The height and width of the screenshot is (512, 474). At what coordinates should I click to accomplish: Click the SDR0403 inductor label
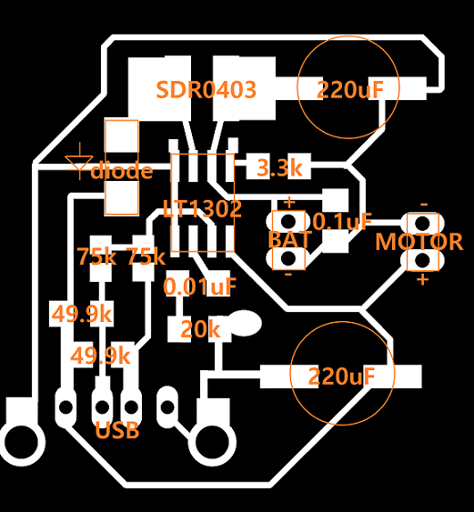click(x=207, y=90)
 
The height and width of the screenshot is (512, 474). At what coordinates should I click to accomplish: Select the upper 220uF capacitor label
click(x=350, y=90)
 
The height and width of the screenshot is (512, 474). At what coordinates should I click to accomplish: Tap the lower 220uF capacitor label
click(x=341, y=376)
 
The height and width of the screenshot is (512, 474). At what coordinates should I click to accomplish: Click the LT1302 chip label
click(x=202, y=209)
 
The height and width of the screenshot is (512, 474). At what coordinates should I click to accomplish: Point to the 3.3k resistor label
click(x=279, y=168)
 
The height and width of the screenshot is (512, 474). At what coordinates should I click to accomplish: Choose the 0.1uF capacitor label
click(x=342, y=222)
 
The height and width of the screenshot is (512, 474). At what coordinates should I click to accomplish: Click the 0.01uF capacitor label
click(x=200, y=286)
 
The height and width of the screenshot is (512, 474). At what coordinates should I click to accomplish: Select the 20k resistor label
click(x=200, y=329)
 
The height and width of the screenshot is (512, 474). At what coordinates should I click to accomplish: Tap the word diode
click(x=122, y=170)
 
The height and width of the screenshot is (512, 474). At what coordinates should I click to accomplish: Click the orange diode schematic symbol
click(x=79, y=161)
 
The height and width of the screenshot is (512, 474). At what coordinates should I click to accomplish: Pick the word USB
click(x=117, y=430)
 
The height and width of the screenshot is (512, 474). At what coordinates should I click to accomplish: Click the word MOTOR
click(x=419, y=242)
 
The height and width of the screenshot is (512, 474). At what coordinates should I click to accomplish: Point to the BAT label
click(x=288, y=240)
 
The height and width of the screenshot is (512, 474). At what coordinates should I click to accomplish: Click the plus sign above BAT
click(x=288, y=203)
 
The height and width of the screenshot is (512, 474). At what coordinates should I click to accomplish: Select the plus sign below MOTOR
click(x=423, y=280)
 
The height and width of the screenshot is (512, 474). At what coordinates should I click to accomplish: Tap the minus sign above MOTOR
click(x=424, y=205)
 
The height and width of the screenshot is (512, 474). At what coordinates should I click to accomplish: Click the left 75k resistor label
click(x=96, y=256)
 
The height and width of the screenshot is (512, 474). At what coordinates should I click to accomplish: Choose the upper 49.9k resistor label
click(x=82, y=315)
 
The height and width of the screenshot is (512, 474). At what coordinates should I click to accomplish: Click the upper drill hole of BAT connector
click(x=288, y=222)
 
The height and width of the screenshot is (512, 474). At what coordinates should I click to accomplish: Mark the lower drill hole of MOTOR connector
click(x=423, y=260)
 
